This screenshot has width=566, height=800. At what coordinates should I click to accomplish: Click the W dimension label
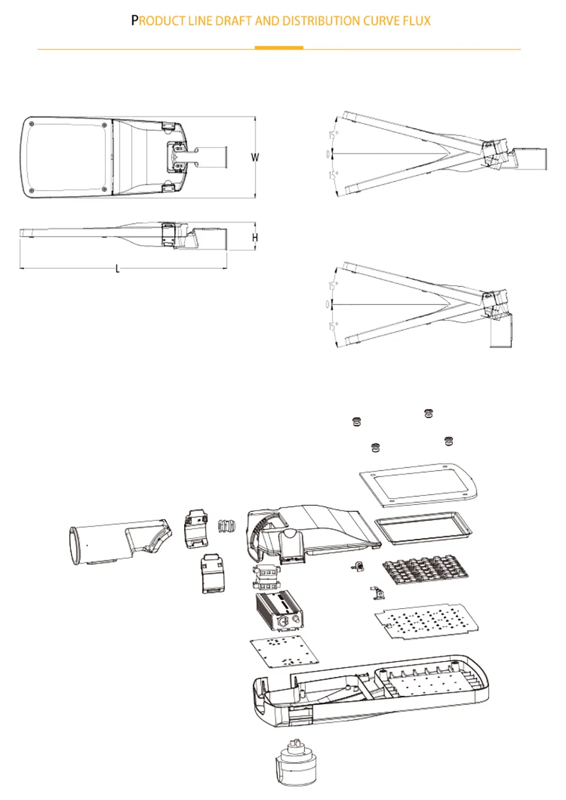(255, 158)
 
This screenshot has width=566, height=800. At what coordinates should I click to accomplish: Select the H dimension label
(255, 238)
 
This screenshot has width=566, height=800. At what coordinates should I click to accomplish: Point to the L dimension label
(117, 269)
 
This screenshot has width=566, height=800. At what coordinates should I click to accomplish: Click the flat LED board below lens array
(426, 621)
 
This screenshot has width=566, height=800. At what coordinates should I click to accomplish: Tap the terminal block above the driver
(266, 577)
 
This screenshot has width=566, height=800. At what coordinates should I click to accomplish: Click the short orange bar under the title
(279, 48)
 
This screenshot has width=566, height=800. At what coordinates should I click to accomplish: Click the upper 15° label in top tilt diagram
(333, 135)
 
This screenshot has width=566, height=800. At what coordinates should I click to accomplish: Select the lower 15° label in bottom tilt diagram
(333, 326)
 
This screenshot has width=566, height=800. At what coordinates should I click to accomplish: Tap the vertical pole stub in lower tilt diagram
(500, 331)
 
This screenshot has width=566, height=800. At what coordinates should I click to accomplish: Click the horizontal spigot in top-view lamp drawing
(211, 156)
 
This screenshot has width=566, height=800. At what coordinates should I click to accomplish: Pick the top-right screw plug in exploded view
(428, 413)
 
